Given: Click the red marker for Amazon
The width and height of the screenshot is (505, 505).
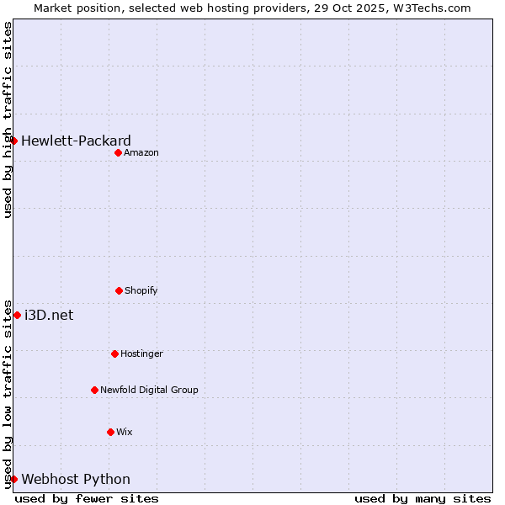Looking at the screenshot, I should [119, 152].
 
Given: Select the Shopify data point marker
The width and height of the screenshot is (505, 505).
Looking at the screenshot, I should [119, 290].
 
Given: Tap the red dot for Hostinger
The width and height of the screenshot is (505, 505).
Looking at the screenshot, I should [114, 353].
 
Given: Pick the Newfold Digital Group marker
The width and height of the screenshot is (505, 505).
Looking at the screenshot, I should [94, 390].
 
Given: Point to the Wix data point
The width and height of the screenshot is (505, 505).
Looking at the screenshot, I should [110, 432].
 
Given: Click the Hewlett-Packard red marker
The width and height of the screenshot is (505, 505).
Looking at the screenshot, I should [14, 141].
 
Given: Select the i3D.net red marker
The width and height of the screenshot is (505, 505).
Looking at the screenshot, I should [17, 315].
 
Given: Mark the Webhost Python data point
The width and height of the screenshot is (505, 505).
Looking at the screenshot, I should [14, 479].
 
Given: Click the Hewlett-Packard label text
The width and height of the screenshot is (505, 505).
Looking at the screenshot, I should [76, 141].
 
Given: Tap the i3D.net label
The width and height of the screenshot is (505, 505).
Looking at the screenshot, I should [49, 315].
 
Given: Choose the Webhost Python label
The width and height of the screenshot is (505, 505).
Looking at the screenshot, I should [76, 479].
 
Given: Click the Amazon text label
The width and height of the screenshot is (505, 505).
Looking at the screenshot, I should [141, 152].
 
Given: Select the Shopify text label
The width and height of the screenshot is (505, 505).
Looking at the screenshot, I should [141, 290].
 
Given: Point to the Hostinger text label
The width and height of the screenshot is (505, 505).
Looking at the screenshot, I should [141, 353].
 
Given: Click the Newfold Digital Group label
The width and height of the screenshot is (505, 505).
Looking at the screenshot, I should [149, 390].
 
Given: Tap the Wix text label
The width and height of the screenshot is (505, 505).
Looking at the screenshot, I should [125, 432].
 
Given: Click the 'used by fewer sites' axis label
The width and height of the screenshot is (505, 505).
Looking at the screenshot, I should [87, 498].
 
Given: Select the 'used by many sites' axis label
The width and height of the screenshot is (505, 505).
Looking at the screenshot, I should [423, 498].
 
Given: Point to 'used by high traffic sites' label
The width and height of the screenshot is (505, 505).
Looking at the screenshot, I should [8, 120].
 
